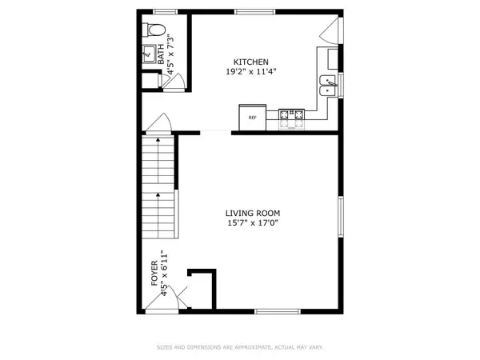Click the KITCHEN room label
(x=250, y=62)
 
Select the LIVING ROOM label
(x=253, y=213)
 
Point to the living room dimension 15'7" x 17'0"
(x=253, y=223)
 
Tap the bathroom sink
(x=149, y=55)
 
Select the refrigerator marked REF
(x=252, y=117)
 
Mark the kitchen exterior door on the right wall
(x=329, y=32)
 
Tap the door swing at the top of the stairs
(x=158, y=124)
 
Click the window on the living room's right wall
(x=340, y=217)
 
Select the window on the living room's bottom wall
(x=276, y=311)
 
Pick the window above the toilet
(x=165, y=11)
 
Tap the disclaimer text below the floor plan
(x=240, y=346)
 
